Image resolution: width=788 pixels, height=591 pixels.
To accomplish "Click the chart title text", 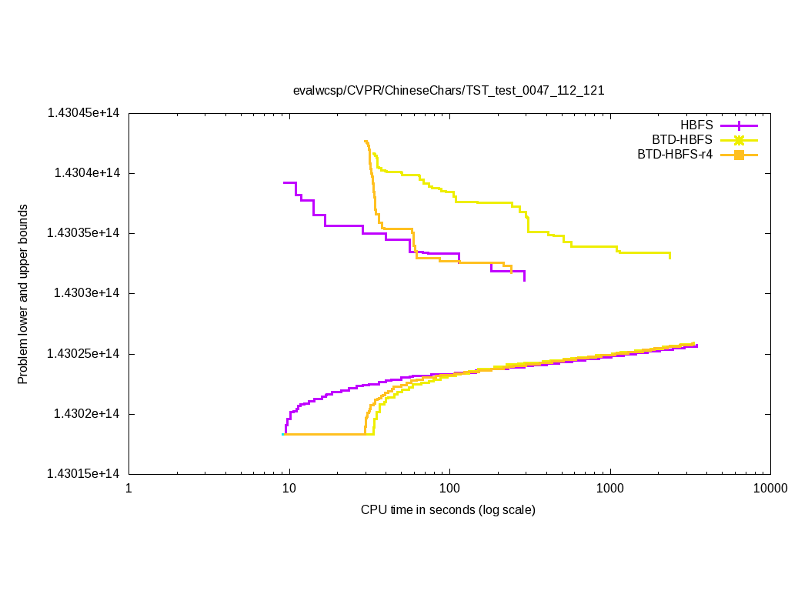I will point(449,90).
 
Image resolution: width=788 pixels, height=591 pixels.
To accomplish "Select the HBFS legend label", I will point(696,125).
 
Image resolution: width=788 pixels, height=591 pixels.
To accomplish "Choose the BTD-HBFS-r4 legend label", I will point(675,155).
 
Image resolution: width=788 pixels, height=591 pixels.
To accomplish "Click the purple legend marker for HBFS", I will point(739,125).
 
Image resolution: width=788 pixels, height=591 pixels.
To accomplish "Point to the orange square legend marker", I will point(739,155).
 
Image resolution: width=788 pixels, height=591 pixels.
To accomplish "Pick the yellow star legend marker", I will point(739,139).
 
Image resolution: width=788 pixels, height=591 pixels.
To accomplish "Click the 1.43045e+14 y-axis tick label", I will point(83,113).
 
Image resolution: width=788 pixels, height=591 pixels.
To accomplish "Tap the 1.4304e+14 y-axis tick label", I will point(86,173).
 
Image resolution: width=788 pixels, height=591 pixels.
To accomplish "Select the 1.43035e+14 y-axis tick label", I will point(83,233).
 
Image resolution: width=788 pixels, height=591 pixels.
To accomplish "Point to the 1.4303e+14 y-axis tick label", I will point(86,293).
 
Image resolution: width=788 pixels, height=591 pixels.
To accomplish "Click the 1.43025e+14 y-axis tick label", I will point(83,354).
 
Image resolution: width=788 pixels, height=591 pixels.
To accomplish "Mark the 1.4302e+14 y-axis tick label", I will point(86,414).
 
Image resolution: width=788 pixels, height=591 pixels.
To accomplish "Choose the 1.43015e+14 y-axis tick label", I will point(83,474).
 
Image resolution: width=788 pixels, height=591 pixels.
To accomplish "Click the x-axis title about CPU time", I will point(448,510).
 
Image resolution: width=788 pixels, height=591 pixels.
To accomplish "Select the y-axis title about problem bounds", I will point(23,294).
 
